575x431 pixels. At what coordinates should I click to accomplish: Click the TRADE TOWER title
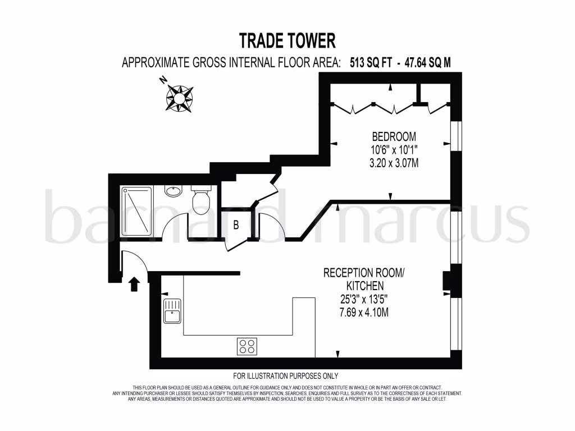(287, 41)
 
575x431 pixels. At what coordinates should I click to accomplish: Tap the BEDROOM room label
(394, 136)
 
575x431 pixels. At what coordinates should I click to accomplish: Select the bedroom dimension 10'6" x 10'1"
(394, 150)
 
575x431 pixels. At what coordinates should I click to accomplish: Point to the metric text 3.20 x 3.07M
(394, 163)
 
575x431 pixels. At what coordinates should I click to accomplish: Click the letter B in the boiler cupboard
(236, 226)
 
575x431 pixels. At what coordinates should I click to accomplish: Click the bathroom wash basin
(174, 191)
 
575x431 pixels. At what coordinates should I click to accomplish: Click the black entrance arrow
(134, 284)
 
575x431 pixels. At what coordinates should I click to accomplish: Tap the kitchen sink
(172, 311)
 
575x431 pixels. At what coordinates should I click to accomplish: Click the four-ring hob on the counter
(247, 346)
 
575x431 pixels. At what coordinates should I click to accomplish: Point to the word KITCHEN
(363, 286)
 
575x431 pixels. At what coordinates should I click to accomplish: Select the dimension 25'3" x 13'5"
(363, 299)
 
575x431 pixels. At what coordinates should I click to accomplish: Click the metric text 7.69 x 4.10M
(363, 313)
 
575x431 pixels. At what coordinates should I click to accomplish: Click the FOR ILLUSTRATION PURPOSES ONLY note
(286, 376)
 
